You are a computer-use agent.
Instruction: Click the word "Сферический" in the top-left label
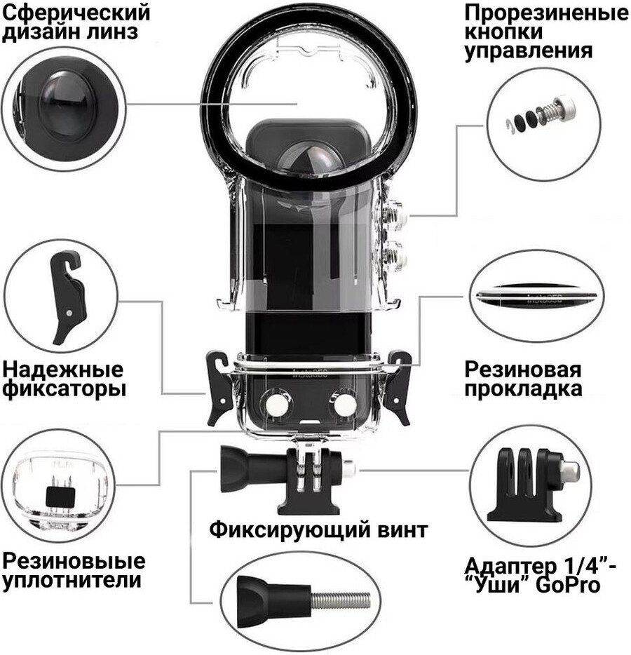click(x=76, y=13)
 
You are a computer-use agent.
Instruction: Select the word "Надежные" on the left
click(x=63, y=370)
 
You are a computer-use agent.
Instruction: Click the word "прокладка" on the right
click(x=523, y=389)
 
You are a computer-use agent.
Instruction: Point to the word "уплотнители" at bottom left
click(x=72, y=581)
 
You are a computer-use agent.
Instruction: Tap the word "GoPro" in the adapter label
click(x=567, y=586)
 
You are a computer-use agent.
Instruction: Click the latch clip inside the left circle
click(x=67, y=296)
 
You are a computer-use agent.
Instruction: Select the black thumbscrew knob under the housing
click(x=241, y=467)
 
